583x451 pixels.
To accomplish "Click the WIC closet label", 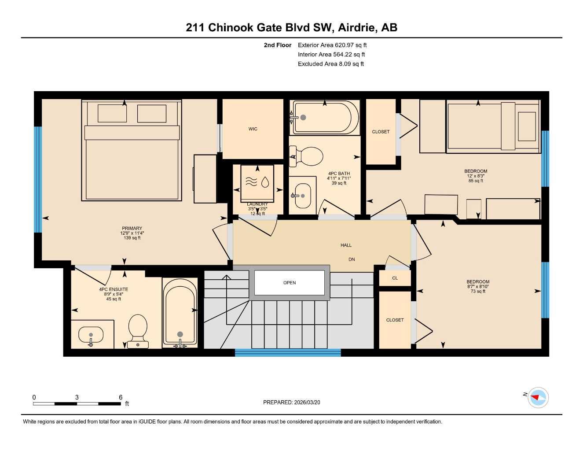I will pos(253,129).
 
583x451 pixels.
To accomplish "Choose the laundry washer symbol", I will pos(257,181).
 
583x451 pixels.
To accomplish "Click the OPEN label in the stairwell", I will pos(290,283).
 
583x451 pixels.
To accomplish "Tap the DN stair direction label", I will pos(352,259).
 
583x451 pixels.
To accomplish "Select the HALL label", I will pos(346,245).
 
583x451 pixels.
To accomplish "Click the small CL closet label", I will pos(395,278).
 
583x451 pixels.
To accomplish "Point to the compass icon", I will pos(538,398).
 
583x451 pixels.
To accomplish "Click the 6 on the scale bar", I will pos(121,397).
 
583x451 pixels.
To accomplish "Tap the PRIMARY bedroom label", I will pos(132,229).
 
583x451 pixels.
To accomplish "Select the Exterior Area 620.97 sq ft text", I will pos(332,45).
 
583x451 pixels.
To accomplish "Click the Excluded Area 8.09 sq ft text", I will pos(331,64).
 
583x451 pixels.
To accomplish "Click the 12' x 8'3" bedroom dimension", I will pos(476,176).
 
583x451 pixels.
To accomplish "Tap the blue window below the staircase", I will pos(288,352).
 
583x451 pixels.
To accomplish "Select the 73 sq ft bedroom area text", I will pos(478,291).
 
